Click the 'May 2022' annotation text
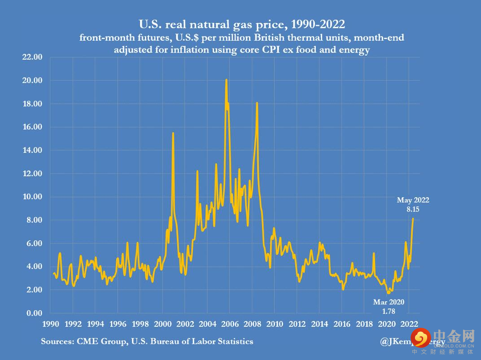coord(413,200)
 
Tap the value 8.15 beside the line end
coord(413,209)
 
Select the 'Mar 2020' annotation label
coord(389,302)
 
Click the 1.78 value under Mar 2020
coord(389,310)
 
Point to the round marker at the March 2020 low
coord(389,292)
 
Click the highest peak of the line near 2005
coord(226,80)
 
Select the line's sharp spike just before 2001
coord(173,133)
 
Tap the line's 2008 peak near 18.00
coord(257,103)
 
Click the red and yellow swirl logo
coord(421,338)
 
